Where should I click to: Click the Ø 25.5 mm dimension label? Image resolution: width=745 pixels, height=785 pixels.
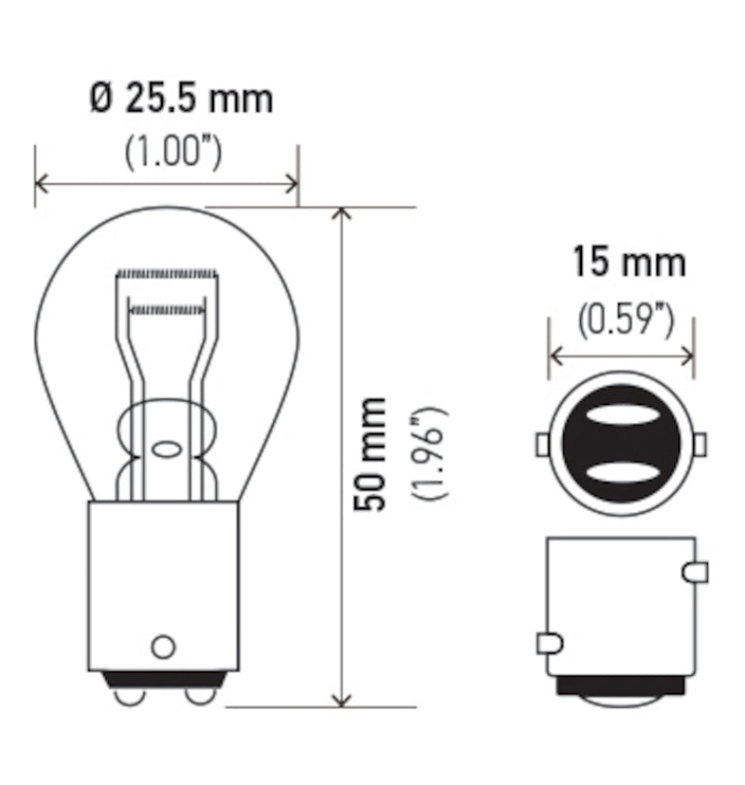tap(182, 98)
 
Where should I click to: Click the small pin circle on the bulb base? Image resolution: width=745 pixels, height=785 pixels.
tap(163, 645)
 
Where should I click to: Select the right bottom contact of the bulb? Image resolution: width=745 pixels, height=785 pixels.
tap(197, 696)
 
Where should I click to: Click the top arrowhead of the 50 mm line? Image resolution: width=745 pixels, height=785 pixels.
tap(342, 215)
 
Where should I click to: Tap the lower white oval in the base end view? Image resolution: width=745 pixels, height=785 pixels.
tap(621, 471)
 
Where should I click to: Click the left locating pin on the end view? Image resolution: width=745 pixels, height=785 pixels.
tap(542, 445)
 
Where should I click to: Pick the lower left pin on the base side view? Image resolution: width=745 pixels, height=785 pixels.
tap(549, 643)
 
